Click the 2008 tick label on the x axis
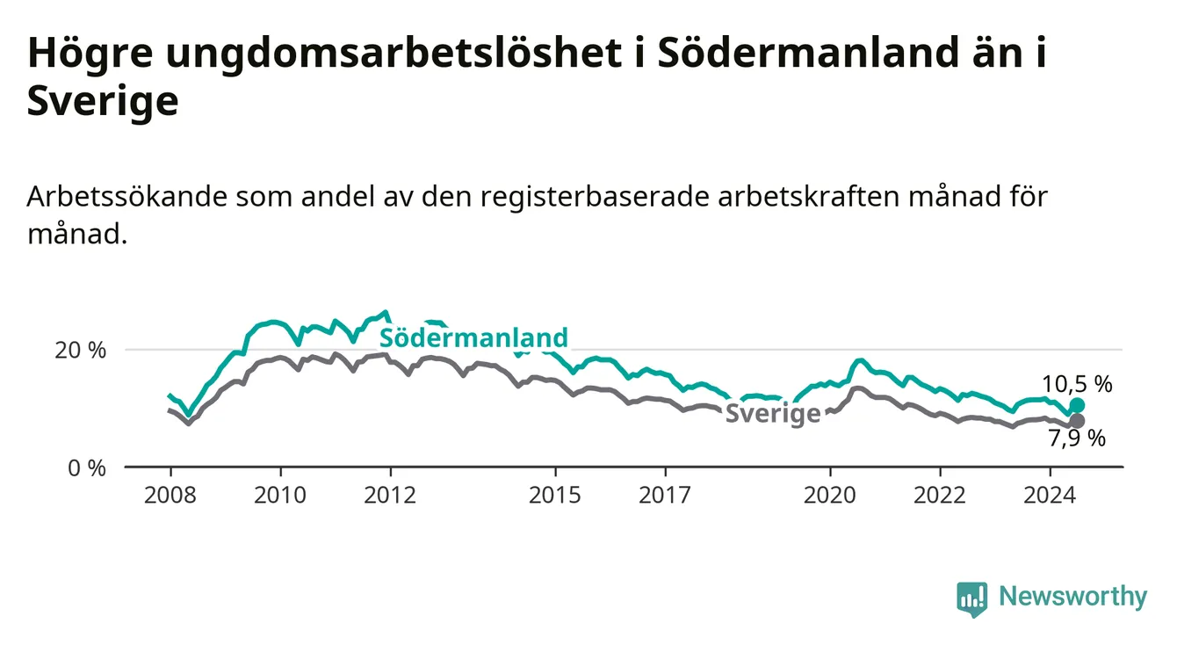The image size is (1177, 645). pos(170,496)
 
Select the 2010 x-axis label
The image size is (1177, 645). pos(280,496)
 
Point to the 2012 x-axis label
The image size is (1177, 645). pos(390,496)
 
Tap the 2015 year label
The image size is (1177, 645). pos(555,496)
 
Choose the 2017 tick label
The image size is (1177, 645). pos(665,496)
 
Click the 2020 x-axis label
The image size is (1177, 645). pos(830,496)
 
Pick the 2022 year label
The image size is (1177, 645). pos(940,496)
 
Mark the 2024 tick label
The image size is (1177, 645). pos(1050,496)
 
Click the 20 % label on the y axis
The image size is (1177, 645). pos(81,350)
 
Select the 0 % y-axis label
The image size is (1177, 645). pos(87,467)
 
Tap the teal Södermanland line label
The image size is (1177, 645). pos(473,337)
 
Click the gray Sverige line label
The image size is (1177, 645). pos(773,414)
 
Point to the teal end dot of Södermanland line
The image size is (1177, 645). pos(1077,405)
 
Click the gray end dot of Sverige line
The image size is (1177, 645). pos(1077,421)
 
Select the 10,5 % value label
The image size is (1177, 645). pos(1077,385)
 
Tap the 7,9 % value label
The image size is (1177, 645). pos(1077,438)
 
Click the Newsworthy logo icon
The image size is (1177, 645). pos(972,599)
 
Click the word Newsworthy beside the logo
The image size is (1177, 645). pos(1073,597)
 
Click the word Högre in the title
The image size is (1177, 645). pos(90,54)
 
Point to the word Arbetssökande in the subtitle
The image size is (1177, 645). pos(127,198)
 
